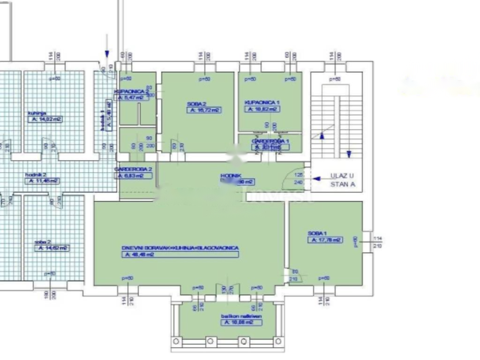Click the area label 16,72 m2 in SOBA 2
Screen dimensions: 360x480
tap(204, 110)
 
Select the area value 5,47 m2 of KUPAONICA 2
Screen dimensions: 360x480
tap(132, 98)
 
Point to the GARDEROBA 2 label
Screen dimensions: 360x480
tap(134, 169)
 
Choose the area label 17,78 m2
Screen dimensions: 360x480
tap(325, 240)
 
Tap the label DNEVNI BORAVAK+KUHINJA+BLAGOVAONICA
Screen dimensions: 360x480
tap(180, 247)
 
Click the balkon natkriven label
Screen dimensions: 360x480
tap(241, 316)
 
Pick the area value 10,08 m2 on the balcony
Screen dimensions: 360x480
tap(241, 322)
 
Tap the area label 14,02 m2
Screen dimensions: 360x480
tap(45, 120)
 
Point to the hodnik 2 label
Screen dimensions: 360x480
tap(35, 174)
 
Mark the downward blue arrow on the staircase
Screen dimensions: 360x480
tap(349, 154)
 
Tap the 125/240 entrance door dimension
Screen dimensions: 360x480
tap(299, 178)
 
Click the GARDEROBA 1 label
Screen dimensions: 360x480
tap(270, 141)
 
